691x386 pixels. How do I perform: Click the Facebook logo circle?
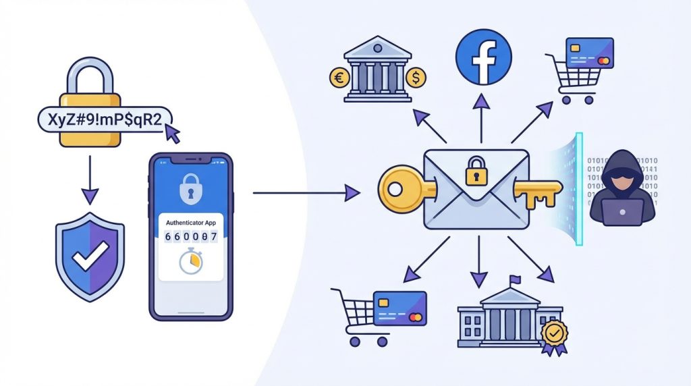tap(483, 57)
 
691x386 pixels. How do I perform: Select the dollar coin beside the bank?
tap(416, 78)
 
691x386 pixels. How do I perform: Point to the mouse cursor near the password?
tap(172, 133)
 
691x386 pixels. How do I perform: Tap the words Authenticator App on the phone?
tap(191, 223)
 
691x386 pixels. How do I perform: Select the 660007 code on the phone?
tap(191, 237)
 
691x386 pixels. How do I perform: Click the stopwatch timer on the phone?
tap(191, 261)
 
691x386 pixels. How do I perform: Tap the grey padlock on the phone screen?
tap(190, 188)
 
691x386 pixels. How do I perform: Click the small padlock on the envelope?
tap(476, 171)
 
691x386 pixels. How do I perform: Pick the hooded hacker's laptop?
tap(621, 212)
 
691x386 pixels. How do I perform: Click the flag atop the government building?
tap(514, 280)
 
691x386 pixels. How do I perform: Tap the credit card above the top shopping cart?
tap(590, 53)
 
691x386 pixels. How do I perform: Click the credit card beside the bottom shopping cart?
tap(399, 308)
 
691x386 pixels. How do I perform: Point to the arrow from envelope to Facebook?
tap(482, 118)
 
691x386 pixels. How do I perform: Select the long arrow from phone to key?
tap(307, 192)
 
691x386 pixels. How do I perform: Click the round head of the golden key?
tap(398, 189)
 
